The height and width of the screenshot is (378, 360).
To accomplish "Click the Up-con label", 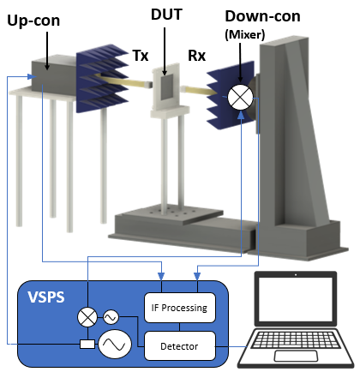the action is coord(33,21).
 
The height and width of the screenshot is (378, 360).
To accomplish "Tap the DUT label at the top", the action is coord(166,15).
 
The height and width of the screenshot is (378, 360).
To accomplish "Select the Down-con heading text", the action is coord(262,16).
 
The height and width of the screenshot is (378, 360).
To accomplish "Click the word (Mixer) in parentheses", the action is coord(245,34).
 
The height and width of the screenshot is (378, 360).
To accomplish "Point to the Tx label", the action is coord(141,56).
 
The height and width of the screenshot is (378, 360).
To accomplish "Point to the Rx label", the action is coord(196,56).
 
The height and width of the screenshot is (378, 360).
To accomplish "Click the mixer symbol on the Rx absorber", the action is coord(241,97).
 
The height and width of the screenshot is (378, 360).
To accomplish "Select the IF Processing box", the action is coord(180,308).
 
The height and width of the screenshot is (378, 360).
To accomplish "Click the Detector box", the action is coord(180,346).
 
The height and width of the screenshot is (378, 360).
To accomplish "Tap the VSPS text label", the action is coord(46,297).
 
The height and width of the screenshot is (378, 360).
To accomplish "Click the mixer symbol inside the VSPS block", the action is coord(87,317).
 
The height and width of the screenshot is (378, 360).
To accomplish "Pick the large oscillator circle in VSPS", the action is coord(115,344).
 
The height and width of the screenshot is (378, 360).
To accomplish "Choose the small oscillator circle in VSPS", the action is coord(111,317).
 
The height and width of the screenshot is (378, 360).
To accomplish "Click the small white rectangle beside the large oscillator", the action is coord(87,344).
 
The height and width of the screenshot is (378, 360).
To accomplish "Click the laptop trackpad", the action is coord(296,356).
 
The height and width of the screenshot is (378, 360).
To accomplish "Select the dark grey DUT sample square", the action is coord(167,87).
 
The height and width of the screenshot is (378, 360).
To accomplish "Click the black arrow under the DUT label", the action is coord(165,51).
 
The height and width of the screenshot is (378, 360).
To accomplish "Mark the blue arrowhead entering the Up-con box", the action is coord(31,76).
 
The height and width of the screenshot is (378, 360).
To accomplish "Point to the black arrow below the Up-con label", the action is coord(47,51).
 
